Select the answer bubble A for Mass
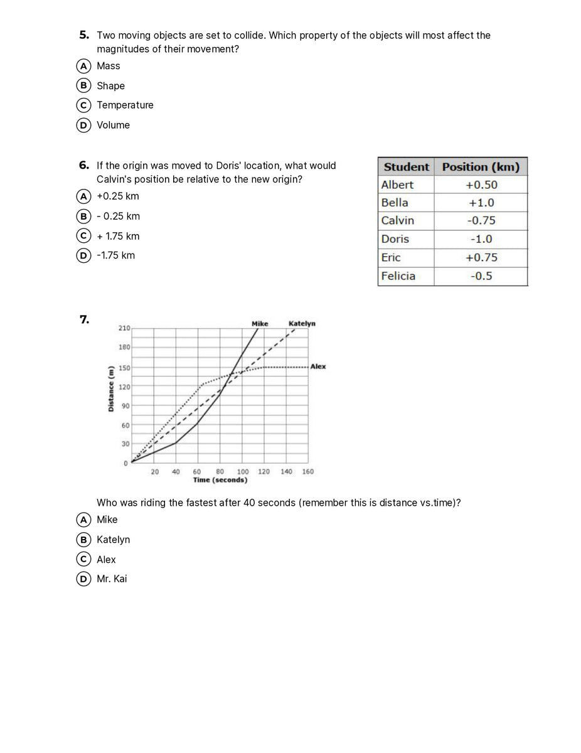pos(82,66)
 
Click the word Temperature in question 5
pos(125,105)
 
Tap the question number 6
pos(84,165)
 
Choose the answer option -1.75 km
pos(115,255)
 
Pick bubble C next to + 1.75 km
pos(82,236)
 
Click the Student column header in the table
pos(406,167)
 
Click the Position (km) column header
pos(481,167)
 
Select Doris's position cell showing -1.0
pos(481,239)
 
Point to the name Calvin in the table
pos(398,220)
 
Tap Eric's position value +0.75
pos(481,257)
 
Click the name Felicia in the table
pos(398,275)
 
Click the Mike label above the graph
pos(260,324)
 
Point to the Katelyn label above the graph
pos(302,324)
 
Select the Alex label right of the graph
pos(318,366)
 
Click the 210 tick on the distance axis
pos(124,328)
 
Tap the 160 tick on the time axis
pos(307,472)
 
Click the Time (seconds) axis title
pos(220,480)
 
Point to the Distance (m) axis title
pos(110,388)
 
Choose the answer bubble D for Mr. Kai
pos(82,579)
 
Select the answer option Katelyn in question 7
pos(113,540)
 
